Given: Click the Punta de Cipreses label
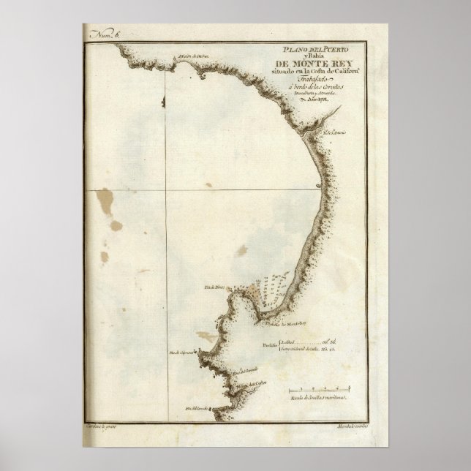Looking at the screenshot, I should pos(183,353).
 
